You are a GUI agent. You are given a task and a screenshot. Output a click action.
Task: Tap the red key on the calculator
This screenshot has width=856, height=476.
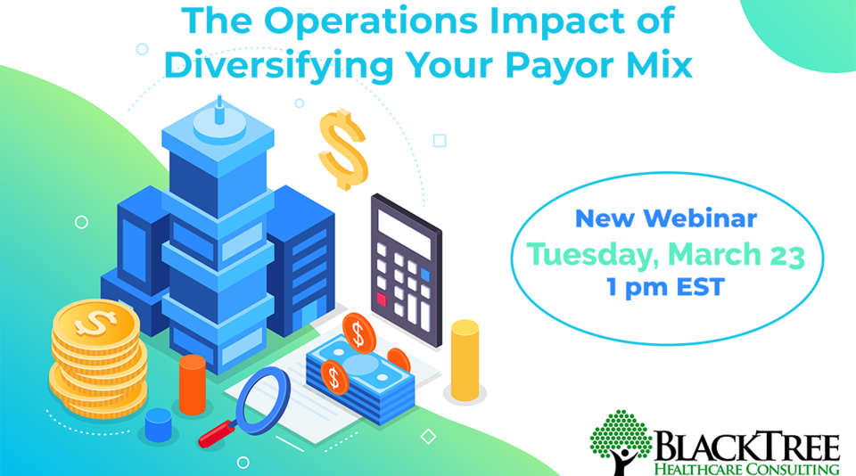[x=383, y=297]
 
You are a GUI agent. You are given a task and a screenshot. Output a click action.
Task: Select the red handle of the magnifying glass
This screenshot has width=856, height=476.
[x=217, y=433]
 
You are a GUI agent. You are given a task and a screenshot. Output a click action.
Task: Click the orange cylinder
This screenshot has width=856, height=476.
[x=192, y=384]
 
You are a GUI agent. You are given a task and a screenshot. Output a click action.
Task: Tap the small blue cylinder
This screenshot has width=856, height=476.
[x=158, y=424]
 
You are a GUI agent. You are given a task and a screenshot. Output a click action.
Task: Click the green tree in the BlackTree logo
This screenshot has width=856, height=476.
[x=621, y=436]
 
